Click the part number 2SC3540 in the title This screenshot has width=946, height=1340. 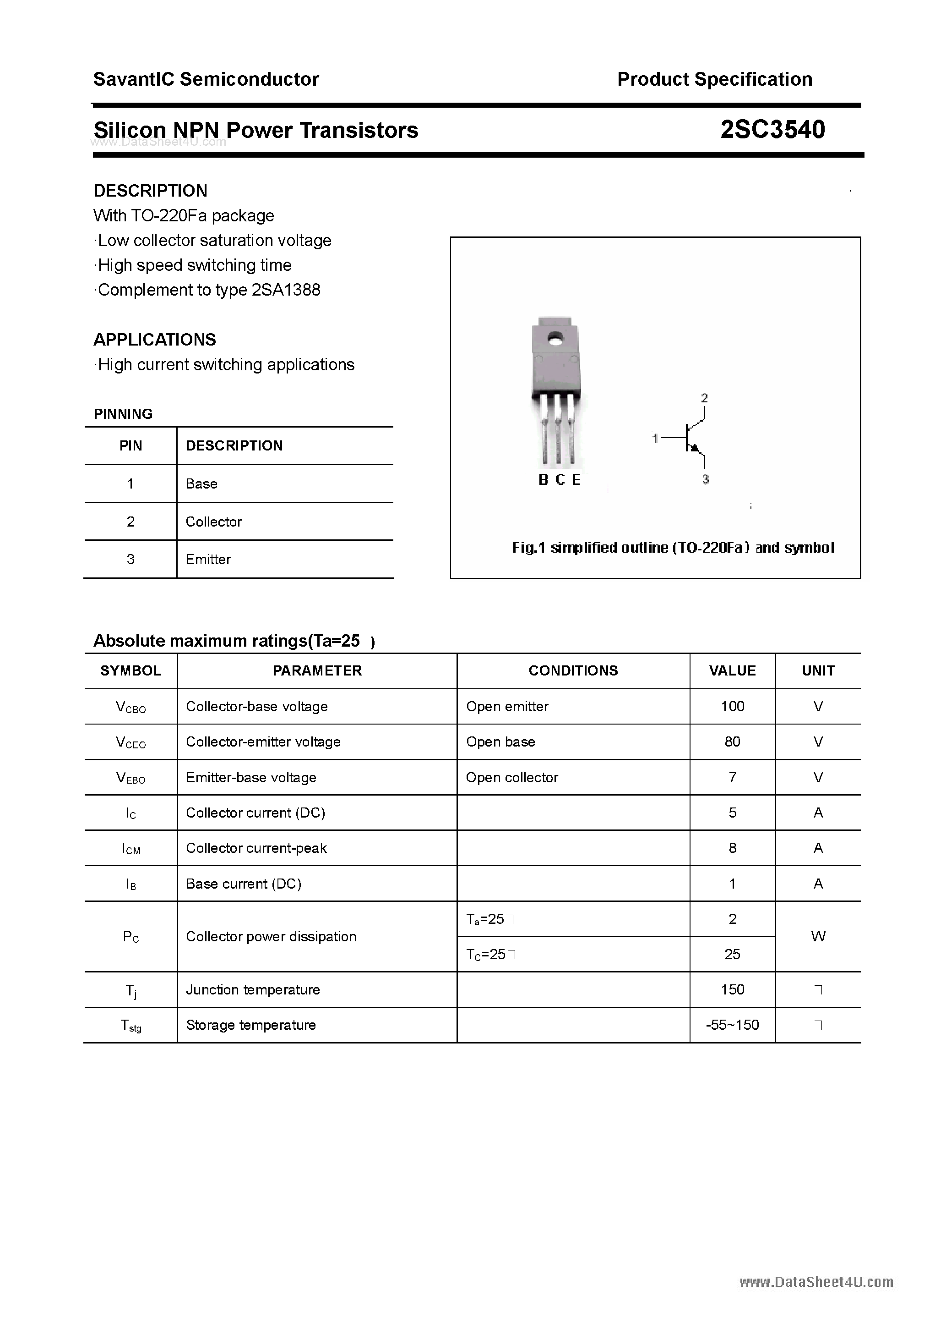coord(772,130)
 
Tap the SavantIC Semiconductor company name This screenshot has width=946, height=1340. coord(206,79)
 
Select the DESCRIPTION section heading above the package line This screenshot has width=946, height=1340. coord(151,191)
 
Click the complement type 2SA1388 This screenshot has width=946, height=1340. coord(286,290)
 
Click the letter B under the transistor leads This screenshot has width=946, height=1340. coord(543,480)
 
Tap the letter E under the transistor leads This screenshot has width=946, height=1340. coord(576,480)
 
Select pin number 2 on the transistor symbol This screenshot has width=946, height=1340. coord(705,398)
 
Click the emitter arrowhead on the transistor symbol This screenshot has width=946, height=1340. coord(694,448)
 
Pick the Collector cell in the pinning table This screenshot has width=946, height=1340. coord(213,522)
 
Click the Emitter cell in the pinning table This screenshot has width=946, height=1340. coord(208,560)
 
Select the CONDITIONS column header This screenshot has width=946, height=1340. coord(573,670)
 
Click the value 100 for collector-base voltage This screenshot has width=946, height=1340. coord(732,707)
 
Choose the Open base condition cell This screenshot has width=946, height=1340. coord(500,742)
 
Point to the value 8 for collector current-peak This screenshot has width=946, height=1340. coord(733,848)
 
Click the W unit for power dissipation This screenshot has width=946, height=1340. coord(818,937)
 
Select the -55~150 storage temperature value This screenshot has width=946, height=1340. coord(732,1025)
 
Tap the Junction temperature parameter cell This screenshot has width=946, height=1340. coord(253,990)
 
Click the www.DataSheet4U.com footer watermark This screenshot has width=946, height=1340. coord(816,1282)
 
